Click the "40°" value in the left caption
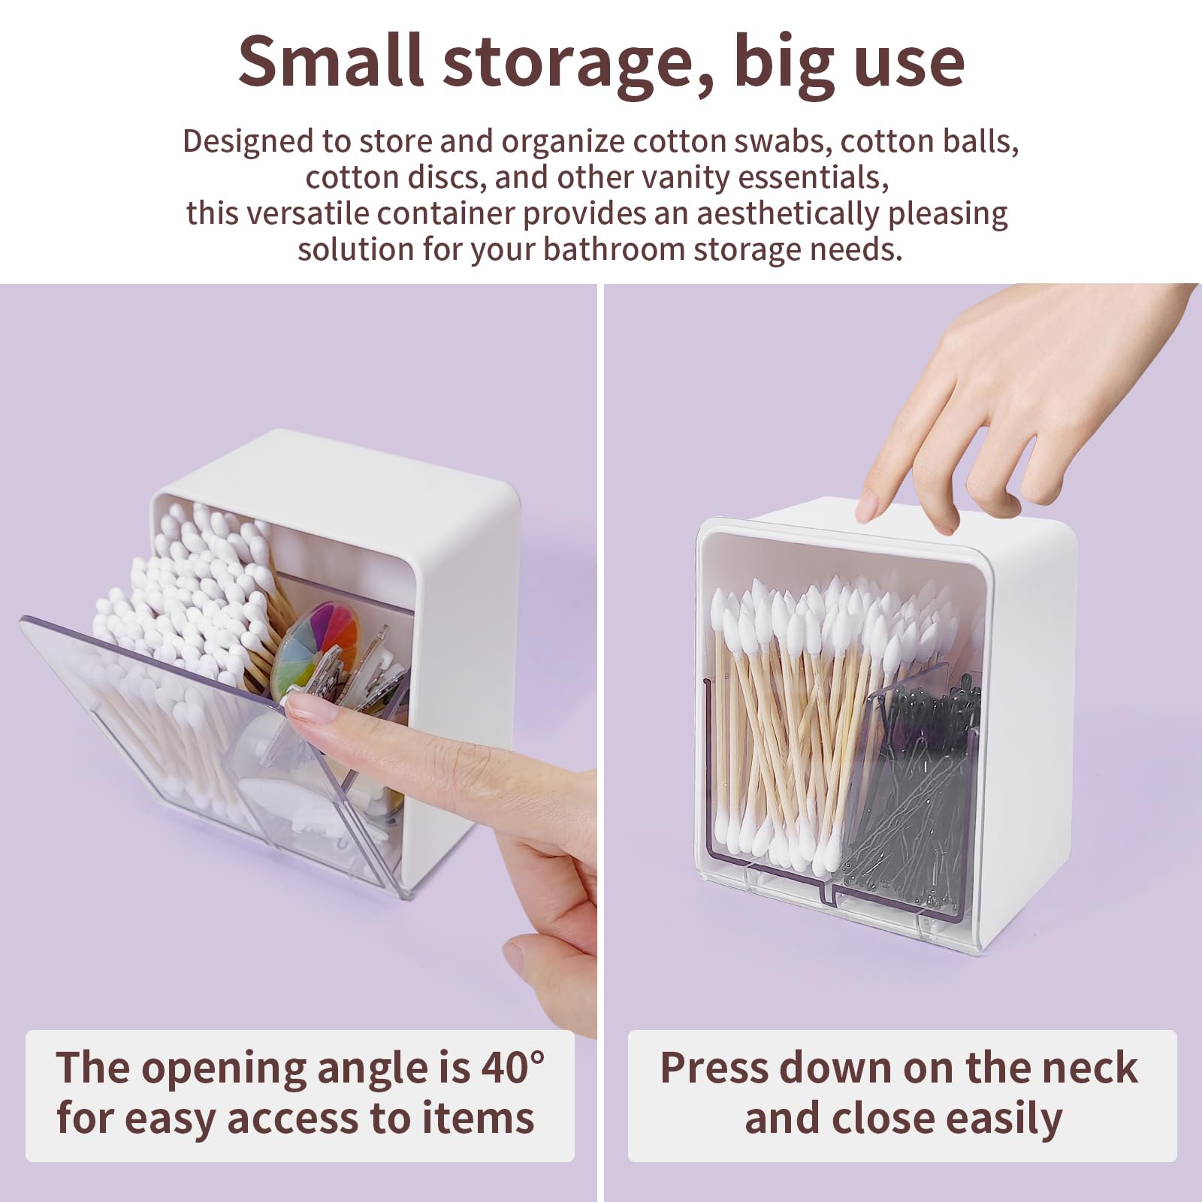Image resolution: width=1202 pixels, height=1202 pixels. (512, 1067)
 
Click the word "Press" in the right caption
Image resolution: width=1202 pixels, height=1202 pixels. (713, 1067)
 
